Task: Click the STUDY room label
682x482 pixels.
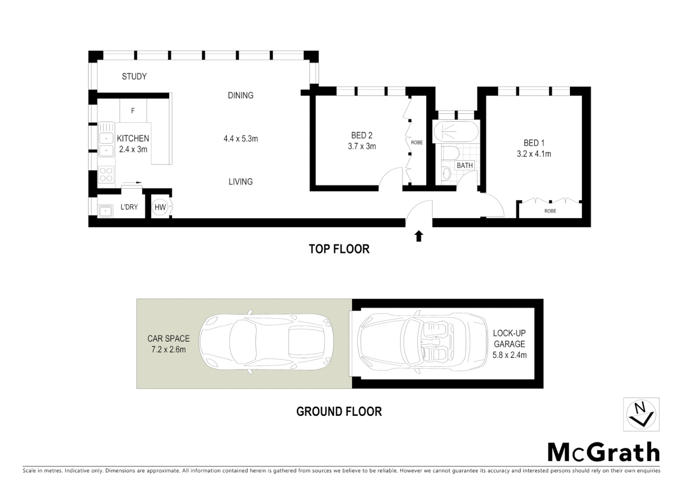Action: pyautogui.click(x=134, y=76)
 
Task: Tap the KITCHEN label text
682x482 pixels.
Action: pyautogui.click(x=133, y=138)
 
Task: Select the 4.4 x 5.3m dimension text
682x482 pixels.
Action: pyautogui.click(x=241, y=138)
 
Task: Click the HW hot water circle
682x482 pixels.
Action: pyautogui.click(x=160, y=207)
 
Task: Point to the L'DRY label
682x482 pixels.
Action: pyautogui.click(x=129, y=207)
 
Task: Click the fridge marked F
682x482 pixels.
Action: pyautogui.click(x=133, y=111)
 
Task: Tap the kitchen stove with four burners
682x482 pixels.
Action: pyautogui.click(x=106, y=174)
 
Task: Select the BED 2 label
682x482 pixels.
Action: pyautogui.click(x=362, y=135)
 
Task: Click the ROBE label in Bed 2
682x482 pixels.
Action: pyautogui.click(x=416, y=143)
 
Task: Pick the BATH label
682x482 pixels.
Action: pyautogui.click(x=464, y=165)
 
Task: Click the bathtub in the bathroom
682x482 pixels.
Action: pyautogui.click(x=455, y=132)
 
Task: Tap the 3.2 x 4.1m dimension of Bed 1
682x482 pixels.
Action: pyautogui.click(x=534, y=154)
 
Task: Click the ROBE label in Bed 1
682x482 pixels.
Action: pyautogui.click(x=550, y=211)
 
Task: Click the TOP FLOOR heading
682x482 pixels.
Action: pyautogui.click(x=339, y=249)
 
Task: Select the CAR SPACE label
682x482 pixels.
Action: pyautogui.click(x=168, y=339)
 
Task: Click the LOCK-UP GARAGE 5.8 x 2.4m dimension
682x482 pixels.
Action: pyautogui.click(x=509, y=355)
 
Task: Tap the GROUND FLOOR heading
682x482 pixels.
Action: pyautogui.click(x=339, y=411)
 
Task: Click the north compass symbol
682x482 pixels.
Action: pyautogui.click(x=641, y=414)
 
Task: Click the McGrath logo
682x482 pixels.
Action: pyautogui.click(x=603, y=453)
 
